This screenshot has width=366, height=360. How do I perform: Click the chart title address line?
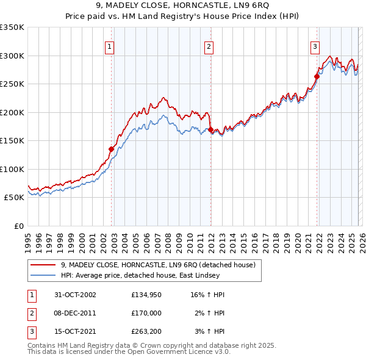[182, 7]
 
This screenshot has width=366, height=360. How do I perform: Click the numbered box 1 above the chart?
[109, 46]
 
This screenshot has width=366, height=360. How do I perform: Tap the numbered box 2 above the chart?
[209, 46]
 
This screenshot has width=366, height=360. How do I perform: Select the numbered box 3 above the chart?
[315, 46]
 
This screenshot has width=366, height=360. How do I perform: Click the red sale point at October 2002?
[112, 149]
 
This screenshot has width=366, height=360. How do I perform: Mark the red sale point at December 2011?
[210, 129]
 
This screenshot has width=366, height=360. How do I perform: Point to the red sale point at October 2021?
[317, 76]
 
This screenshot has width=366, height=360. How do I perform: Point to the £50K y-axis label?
[14, 198]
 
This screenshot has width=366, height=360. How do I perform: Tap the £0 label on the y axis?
[19, 226]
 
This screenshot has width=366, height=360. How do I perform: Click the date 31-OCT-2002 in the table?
[75, 295]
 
